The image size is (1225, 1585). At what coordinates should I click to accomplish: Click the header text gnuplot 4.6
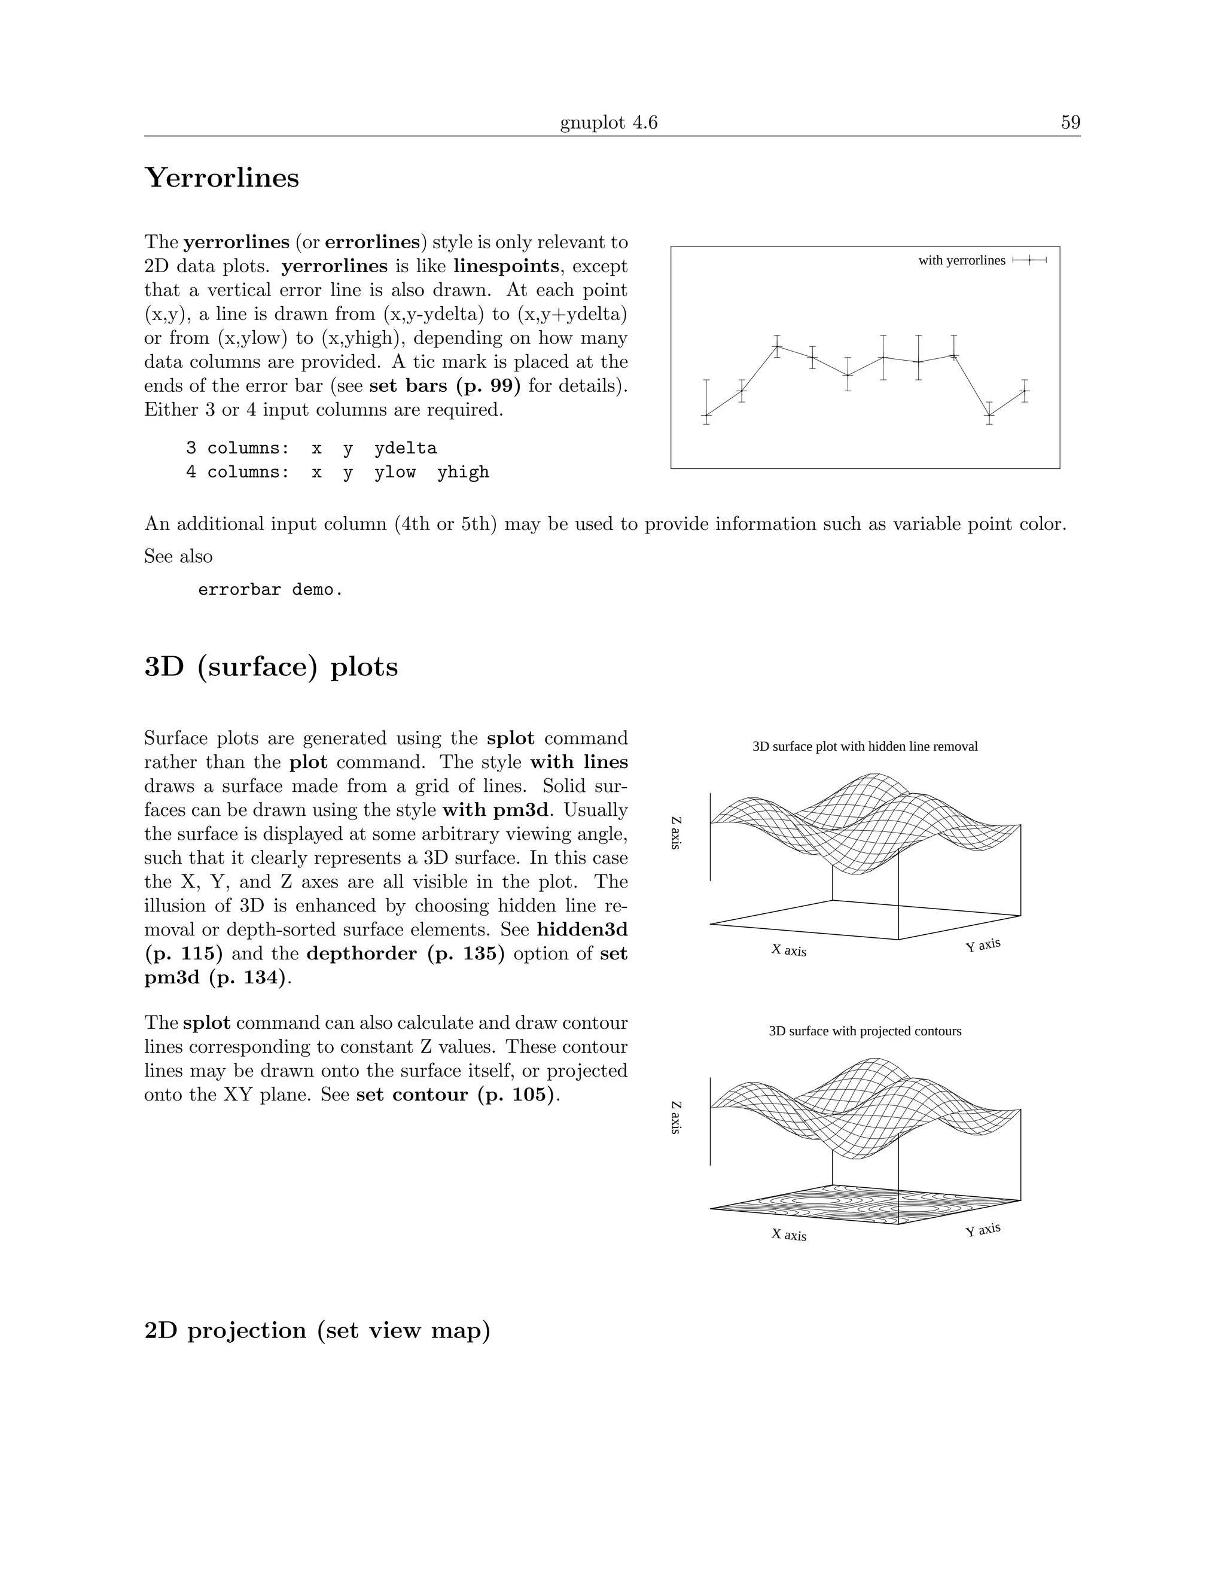(608, 123)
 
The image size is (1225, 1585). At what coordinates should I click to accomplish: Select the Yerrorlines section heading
(221, 178)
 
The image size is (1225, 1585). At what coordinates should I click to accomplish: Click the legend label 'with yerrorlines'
(962, 261)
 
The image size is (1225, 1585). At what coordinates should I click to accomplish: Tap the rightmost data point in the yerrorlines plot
(1025, 391)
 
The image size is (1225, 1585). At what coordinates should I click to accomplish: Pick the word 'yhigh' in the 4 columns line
(463, 473)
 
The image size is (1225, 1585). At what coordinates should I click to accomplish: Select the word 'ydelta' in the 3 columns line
(406, 449)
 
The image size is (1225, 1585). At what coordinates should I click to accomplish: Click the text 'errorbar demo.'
(270, 589)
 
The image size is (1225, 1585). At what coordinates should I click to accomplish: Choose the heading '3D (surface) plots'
(271, 667)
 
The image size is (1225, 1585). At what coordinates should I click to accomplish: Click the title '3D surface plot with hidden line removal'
(864, 747)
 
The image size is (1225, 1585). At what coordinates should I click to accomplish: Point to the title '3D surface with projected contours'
(864, 1031)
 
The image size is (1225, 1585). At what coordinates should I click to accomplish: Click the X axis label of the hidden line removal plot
(789, 950)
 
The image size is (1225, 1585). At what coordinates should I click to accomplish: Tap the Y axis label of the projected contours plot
(983, 1229)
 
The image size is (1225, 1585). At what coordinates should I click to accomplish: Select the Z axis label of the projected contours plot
(676, 1118)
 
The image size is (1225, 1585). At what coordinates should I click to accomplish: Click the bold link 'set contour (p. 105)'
(456, 1095)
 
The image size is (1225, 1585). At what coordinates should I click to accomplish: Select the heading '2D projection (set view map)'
(317, 1330)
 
